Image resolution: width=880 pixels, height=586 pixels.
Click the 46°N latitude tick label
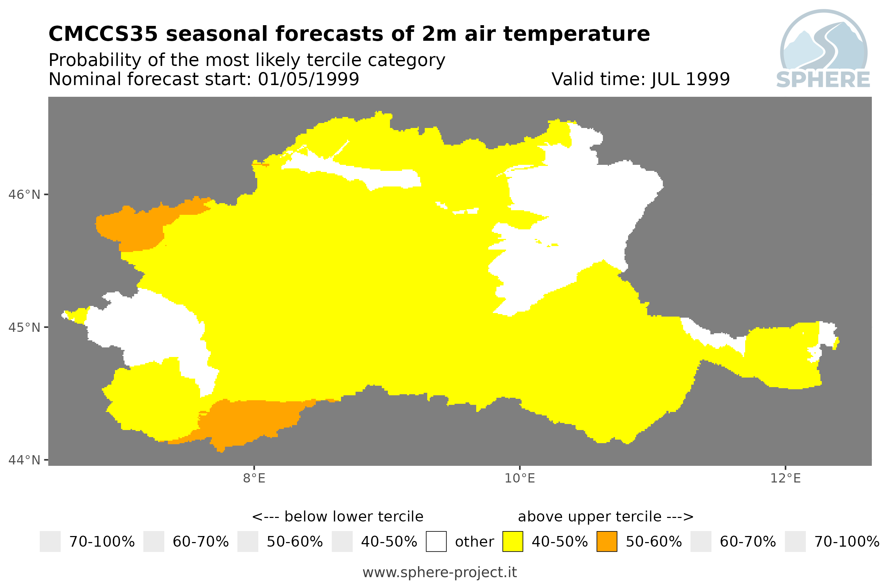[x=24, y=195]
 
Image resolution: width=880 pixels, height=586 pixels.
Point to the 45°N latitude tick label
[x=24, y=327]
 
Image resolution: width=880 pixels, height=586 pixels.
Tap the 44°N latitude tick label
[x=24, y=460]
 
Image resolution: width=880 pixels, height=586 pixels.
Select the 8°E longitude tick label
[x=254, y=478]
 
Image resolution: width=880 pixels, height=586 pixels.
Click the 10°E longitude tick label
[x=519, y=478]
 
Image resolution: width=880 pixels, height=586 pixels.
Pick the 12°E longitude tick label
[x=785, y=478]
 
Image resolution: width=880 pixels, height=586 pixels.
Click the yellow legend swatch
[x=512, y=541]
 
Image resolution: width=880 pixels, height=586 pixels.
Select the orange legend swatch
[x=607, y=541]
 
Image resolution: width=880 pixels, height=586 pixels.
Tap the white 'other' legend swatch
[x=436, y=541]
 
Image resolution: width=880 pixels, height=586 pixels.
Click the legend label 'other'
[x=474, y=542]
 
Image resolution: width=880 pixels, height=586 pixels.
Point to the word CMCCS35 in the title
[x=103, y=34]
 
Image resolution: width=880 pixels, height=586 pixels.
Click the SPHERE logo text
[x=823, y=80]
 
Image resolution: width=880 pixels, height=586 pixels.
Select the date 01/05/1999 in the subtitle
[x=309, y=79]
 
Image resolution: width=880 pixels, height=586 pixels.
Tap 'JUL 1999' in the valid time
[x=691, y=79]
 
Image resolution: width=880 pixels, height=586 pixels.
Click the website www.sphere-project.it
[x=440, y=572]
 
